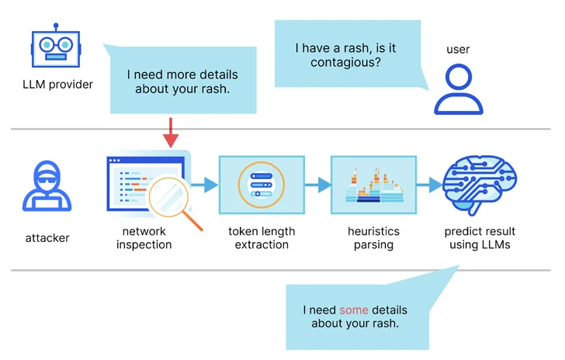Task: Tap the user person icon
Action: point(458,89)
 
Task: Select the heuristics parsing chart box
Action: point(373,185)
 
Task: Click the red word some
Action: point(354,310)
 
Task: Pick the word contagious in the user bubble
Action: point(346,62)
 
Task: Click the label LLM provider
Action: point(57,84)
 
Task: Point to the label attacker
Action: point(47,237)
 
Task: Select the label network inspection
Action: point(144,238)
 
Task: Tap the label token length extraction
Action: point(262,238)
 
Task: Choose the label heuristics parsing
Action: point(373,238)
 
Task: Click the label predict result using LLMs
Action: point(480,238)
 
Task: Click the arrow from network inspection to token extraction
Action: point(204,185)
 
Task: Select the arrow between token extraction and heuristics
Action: point(317,185)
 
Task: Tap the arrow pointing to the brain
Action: point(428,185)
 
